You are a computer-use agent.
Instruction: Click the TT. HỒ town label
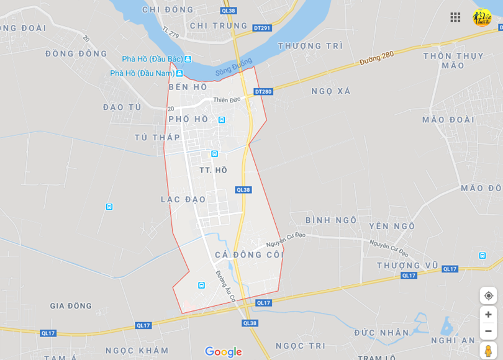click(x=213, y=170)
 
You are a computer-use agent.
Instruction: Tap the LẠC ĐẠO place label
click(x=183, y=199)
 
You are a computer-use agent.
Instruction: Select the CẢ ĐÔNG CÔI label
click(x=249, y=254)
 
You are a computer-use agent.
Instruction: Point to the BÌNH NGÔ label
click(x=331, y=220)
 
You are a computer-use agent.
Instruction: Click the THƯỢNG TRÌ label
click(x=310, y=45)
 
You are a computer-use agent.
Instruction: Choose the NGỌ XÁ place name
click(x=331, y=91)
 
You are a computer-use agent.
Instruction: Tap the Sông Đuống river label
click(x=234, y=68)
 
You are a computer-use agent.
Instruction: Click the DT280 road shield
click(x=263, y=92)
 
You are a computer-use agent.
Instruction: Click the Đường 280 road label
click(x=376, y=59)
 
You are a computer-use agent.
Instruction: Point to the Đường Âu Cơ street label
click(x=225, y=286)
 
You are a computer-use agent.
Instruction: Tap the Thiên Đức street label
click(x=227, y=99)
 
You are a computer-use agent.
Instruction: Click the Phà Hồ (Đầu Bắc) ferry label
click(x=152, y=59)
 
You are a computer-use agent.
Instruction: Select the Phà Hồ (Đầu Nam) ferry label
click(x=142, y=73)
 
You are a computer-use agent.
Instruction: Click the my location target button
click(x=488, y=295)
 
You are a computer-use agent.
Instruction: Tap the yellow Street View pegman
click(x=488, y=350)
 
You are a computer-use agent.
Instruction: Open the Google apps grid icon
click(x=455, y=17)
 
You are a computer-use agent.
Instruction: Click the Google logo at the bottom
click(x=223, y=352)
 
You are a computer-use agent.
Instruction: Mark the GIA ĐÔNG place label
click(x=71, y=305)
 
